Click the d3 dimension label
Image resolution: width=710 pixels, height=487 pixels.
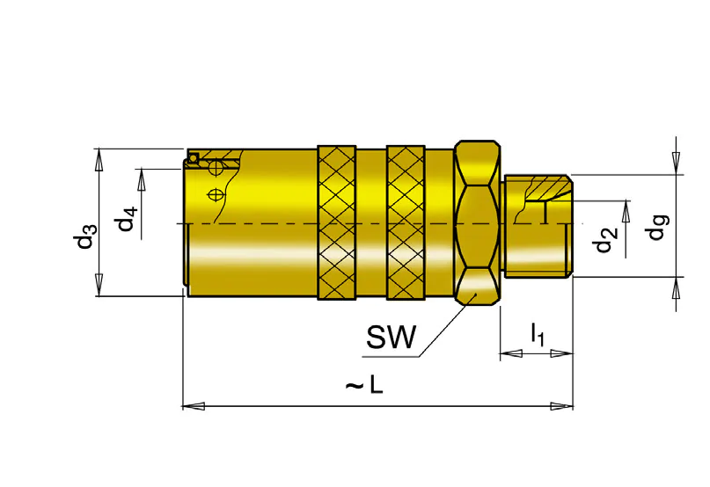[85, 236]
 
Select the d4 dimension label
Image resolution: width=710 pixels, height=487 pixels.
[127, 219]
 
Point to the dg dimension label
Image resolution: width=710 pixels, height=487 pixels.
[656, 227]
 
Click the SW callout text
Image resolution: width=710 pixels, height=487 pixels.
[391, 338]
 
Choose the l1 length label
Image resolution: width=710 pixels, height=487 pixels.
[538, 334]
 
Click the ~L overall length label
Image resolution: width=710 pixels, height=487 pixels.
[364, 386]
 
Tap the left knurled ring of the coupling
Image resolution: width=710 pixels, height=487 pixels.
[336, 222]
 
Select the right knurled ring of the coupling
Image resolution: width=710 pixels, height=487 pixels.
[406, 222]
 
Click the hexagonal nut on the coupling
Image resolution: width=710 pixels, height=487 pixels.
[477, 222]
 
